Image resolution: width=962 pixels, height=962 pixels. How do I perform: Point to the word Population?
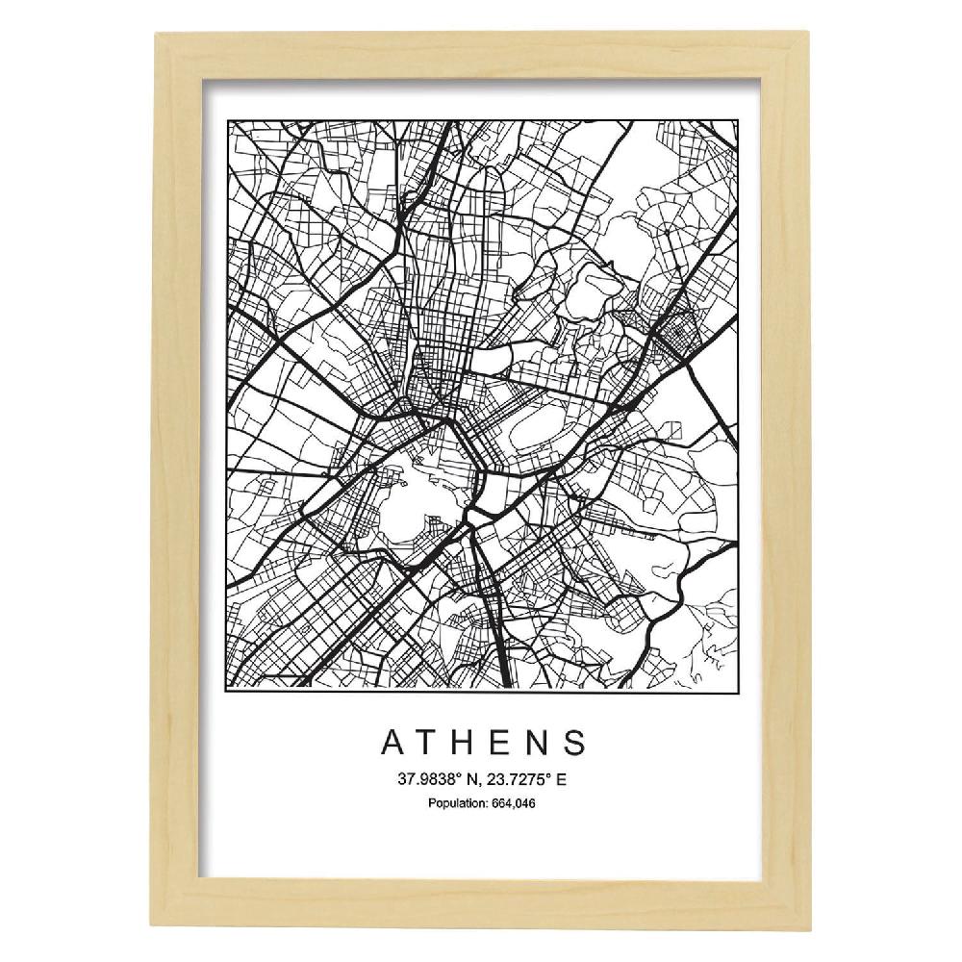pyautogui.click(x=456, y=804)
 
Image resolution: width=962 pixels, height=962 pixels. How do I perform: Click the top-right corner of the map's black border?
pyautogui.click(x=738, y=120)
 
